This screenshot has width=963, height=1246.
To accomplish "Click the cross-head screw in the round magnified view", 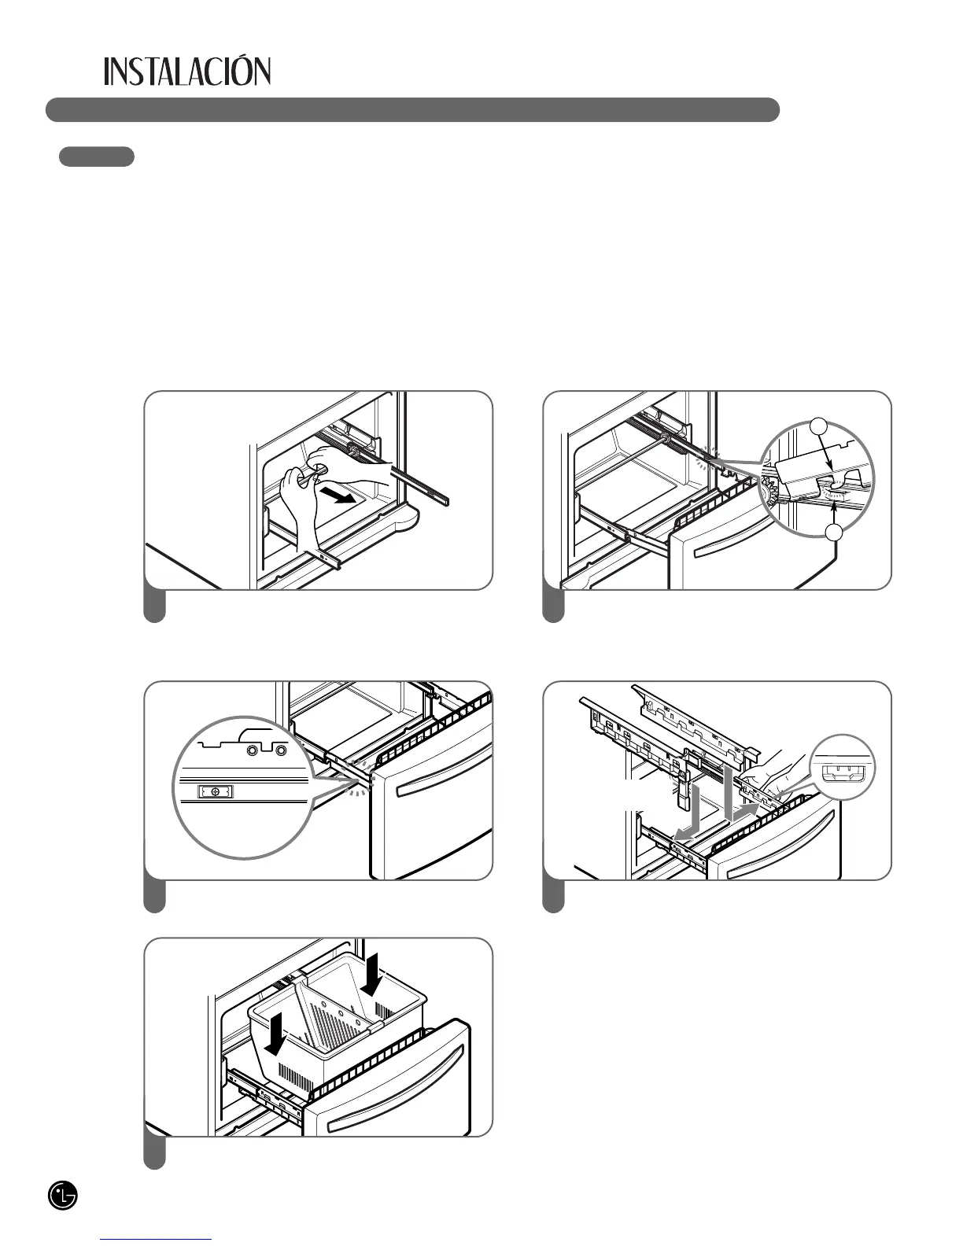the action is pos(215,791).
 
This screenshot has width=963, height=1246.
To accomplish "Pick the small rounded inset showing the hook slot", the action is pos(842,767).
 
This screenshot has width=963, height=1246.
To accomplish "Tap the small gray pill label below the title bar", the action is pos(97,157).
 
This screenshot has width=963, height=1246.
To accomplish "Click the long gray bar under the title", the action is pos(412,110).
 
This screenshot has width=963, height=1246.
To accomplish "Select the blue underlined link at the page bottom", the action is pos(157,1240).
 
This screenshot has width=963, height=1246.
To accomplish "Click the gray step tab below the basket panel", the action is pos(155,1153).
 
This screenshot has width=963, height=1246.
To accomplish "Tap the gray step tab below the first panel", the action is pos(155,606).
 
